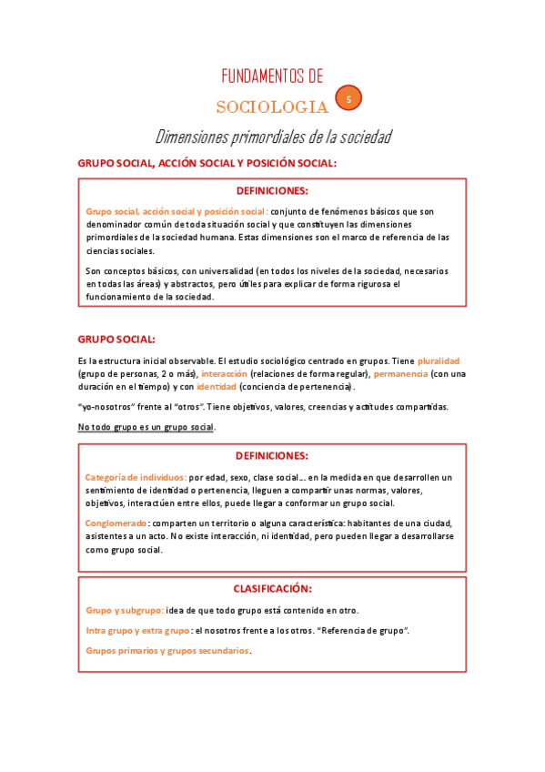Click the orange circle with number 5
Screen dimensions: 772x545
[x=348, y=98]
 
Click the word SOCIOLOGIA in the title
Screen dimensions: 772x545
[x=272, y=107]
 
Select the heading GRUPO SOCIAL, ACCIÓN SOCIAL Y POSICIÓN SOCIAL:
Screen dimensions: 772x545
[x=207, y=164]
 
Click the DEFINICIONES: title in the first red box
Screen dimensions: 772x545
[x=272, y=191]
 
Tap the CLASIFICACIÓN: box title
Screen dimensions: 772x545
[x=272, y=589]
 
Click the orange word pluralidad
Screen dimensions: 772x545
[x=439, y=361]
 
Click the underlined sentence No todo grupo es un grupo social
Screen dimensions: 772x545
[x=146, y=427]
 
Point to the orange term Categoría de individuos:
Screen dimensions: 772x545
[x=136, y=477]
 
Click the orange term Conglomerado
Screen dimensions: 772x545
[x=116, y=523]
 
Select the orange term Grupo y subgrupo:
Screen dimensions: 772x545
[x=125, y=610]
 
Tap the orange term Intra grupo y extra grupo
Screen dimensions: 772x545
[x=137, y=630]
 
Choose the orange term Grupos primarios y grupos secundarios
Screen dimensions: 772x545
[x=167, y=651]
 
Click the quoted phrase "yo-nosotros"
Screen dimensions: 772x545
[x=105, y=407]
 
